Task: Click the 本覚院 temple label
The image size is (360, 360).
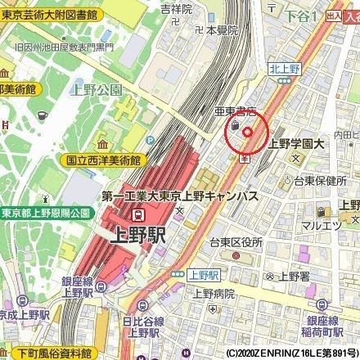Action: (221, 29)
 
